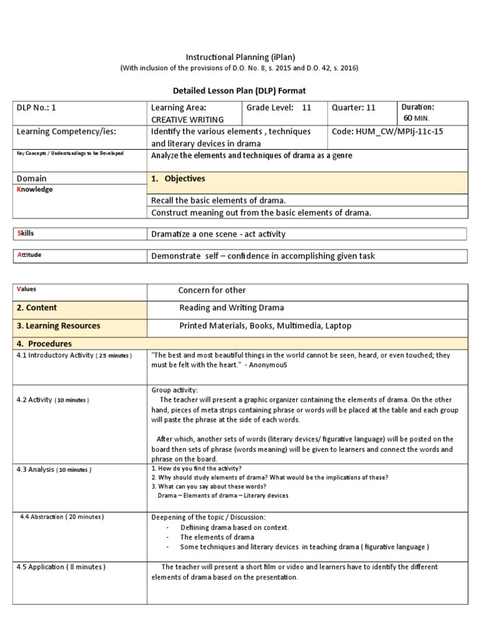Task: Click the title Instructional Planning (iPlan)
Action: [239, 56]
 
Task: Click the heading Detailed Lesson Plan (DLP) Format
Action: [239, 90]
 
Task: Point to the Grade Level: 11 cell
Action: [279, 107]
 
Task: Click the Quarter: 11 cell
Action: [354, 107]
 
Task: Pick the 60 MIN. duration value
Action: [417, 118]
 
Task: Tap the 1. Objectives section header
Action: [178, 178]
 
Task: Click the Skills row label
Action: [25, 233]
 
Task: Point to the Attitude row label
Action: [29, 255]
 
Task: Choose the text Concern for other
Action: [212, 290]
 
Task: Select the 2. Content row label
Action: [37, 308]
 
